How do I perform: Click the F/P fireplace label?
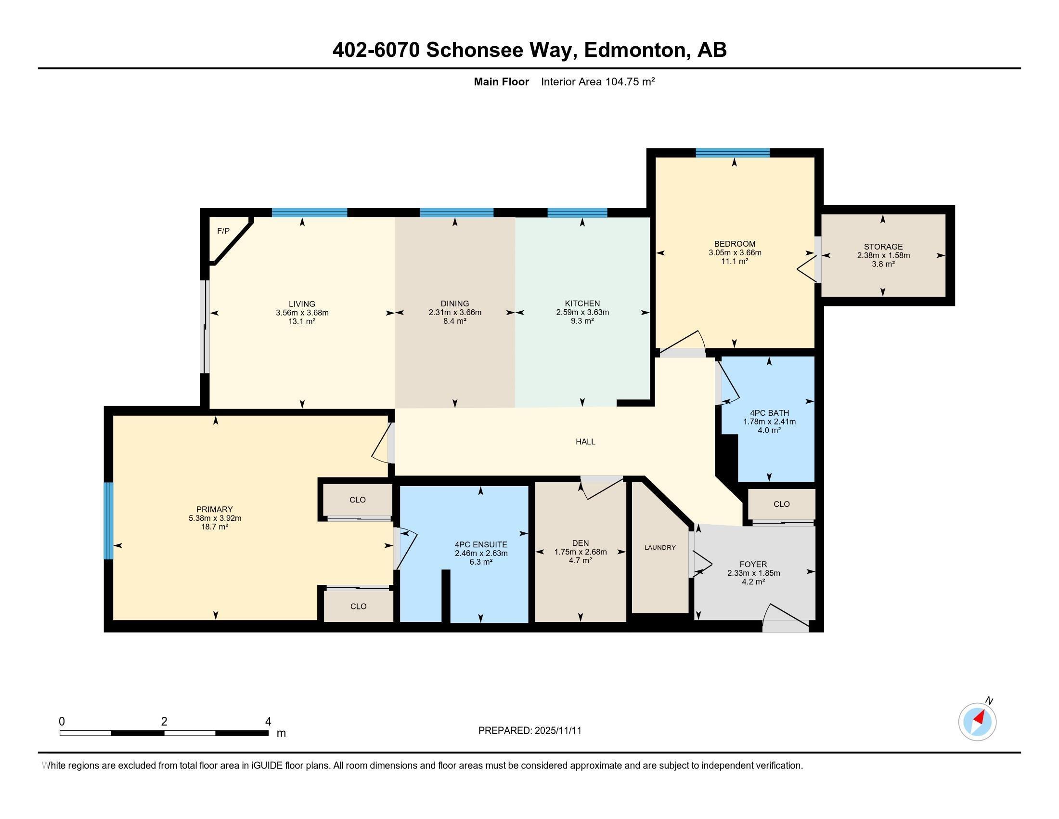coord(223,231)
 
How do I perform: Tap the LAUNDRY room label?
coord(659,547)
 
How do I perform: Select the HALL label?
coord(585,441)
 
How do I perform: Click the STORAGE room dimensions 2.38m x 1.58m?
coord(883,255)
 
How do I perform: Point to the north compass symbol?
coord(977,722)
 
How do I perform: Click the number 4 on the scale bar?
coord(268,722)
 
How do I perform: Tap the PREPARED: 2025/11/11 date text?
coord(529,731)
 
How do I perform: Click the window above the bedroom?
coord(732,153)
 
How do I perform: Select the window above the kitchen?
coord(577,212)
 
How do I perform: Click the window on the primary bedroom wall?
coord(109,521)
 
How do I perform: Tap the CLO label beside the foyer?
coord(781,504)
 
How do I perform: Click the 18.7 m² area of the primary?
coord(215,527)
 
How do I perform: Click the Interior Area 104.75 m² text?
coord(597,81)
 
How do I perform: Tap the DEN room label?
coord(581,543)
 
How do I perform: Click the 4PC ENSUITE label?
coord(480,544)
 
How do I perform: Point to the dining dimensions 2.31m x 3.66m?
coord(454,313)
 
